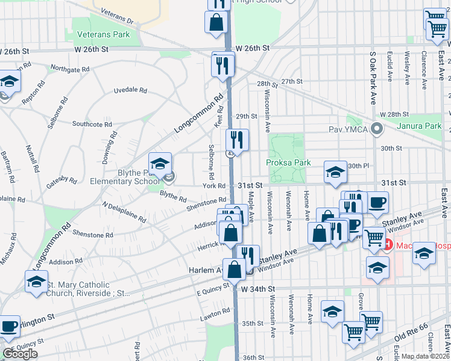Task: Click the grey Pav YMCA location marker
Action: click(377, 129)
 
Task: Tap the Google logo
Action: click(20, 354)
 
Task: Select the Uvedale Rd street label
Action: click(130, 91)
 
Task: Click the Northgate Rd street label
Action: click(69, 69)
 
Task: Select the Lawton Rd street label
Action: click(218, 312)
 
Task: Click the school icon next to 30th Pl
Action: click(335, 172)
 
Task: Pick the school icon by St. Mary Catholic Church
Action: click(36, 281)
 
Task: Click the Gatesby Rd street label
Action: click(64, 180)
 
